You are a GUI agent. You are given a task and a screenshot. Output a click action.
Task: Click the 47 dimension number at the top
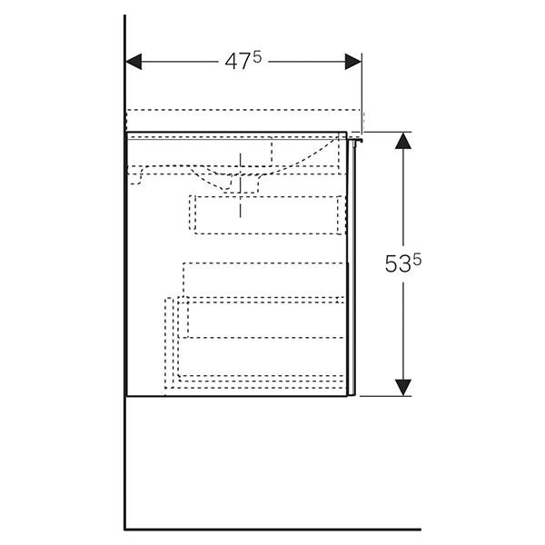point(237,63)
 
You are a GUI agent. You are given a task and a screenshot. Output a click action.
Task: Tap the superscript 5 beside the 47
point(257,58)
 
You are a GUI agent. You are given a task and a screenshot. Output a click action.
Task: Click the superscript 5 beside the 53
point(417,259)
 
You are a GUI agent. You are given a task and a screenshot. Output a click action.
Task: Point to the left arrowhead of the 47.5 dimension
point(134,62)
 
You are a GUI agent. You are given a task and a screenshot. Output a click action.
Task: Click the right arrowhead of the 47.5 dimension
point(352,62)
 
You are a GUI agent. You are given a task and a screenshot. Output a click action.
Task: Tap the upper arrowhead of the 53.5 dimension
point(403,141)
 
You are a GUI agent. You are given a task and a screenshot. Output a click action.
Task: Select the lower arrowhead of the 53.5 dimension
point(403,387)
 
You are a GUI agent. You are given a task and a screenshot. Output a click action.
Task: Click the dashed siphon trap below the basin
point(241,183)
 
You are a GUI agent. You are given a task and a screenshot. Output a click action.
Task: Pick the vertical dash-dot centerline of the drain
point(241,185)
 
